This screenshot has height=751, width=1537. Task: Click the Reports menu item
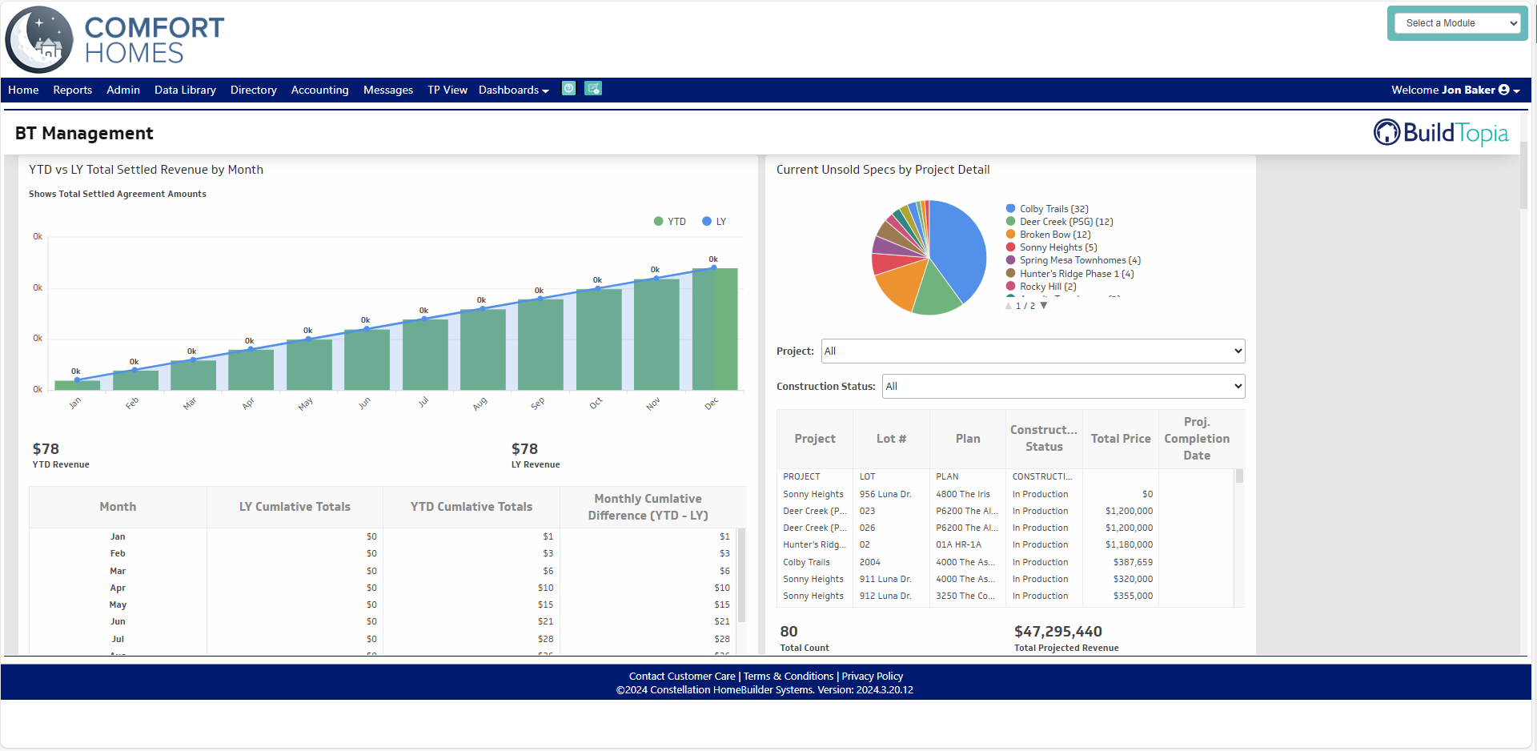[72, 90]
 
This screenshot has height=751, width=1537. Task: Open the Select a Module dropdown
[1456, 23]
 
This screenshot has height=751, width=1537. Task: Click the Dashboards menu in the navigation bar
[513, 90]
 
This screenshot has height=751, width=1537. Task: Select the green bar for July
[425, 354]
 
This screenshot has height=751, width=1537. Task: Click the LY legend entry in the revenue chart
[714, 222]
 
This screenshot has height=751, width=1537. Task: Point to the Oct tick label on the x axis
[596, 404]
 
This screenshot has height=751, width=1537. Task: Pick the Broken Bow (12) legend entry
[1054, 235]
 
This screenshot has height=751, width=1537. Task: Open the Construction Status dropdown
[1063, 386]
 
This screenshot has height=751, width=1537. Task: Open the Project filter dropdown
[1033, 351]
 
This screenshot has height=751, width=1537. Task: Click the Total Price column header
[1120, 439]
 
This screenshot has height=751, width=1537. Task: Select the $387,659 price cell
[1132, 562]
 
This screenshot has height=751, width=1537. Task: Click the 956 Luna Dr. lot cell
[885, 494]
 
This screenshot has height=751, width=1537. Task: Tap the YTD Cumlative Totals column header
[471, 507]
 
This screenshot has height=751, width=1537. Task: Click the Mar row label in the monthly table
[118, 571]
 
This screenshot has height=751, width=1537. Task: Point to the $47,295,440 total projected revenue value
[1057, 632]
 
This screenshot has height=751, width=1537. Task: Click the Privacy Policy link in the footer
[872, 677]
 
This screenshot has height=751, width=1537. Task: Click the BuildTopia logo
[1441, 133]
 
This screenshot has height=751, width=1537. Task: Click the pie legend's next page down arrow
[1043, 306]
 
